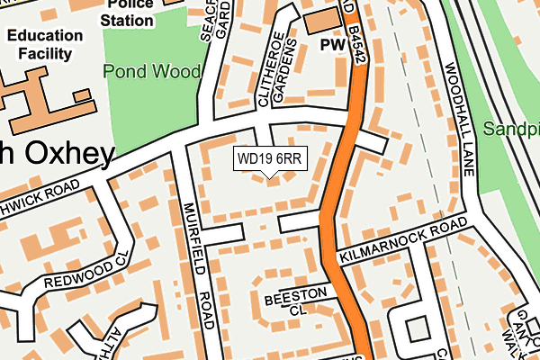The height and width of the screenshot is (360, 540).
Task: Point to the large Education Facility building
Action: coord(36,94)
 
